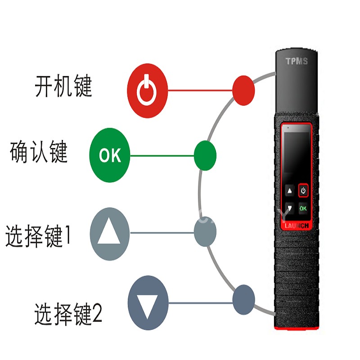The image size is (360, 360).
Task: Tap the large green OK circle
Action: coord(110,156)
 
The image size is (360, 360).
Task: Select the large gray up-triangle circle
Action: coord(110,233)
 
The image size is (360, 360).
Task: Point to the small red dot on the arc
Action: coord(243,90)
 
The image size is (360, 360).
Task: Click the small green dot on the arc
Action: coord(205,156)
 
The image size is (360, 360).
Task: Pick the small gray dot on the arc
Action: coord(205,233)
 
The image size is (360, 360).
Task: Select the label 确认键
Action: coord(39,152)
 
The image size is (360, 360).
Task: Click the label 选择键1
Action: coord(38,236)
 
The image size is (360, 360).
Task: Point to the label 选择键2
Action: coord(68,314)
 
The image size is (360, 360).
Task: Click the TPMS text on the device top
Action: coord(297,61)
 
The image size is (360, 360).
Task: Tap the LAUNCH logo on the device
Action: coord(296,225)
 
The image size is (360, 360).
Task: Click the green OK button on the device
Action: coord(303,208)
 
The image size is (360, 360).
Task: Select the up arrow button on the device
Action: coord(290,191)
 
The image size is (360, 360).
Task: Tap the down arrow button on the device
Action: coord(290,208)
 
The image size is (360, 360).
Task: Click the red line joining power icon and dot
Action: coord(200,90)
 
